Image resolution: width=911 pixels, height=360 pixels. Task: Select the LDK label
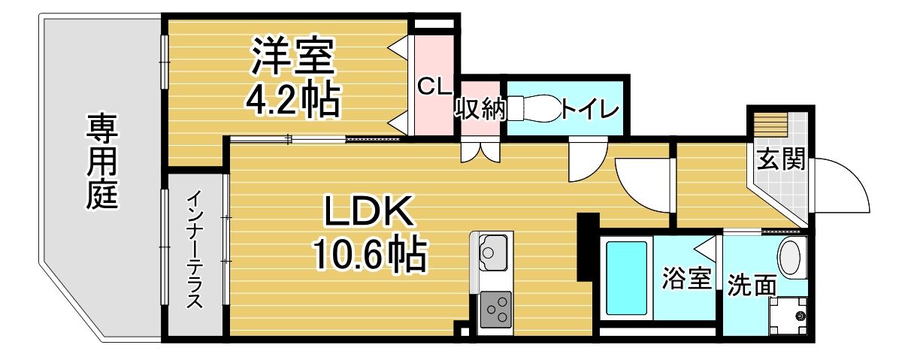(x=369, y=213)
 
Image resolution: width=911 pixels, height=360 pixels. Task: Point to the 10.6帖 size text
(x=369, y=256)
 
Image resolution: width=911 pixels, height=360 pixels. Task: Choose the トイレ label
(x=590, y=110)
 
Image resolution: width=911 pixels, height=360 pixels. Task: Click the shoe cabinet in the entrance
(x=770, y=123)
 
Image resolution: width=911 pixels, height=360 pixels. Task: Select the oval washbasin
(x=791, y=256)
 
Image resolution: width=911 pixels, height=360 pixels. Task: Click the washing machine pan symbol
(x=791, y=316)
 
